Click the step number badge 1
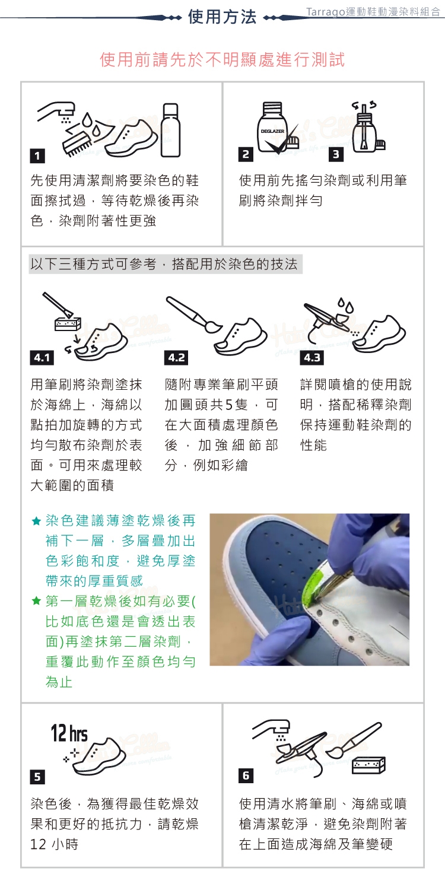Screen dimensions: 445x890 (x=37, y=155)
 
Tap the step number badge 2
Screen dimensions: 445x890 (x=246, y=154)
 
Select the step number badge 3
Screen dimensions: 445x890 (x=336, y=154)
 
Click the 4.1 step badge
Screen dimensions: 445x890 (x=42, y=358)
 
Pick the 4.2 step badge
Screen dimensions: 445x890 (x=176, y=358)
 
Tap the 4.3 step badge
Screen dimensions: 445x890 (x=312, y=358)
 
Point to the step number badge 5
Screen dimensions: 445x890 (x=37, y=776)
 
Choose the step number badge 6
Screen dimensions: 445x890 (x=246, y=775)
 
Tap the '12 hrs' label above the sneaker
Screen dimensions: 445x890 (x=69, y=733)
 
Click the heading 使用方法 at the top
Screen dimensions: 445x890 (x=222, y=17)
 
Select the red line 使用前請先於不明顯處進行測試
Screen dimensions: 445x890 (x=222, y=59)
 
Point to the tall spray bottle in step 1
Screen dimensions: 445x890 (x=171, y=130)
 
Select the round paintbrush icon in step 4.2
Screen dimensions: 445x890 (x=194, y=314)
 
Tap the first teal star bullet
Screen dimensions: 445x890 (x=36, y=521)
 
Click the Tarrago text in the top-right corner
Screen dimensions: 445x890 (x=325, y=12)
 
